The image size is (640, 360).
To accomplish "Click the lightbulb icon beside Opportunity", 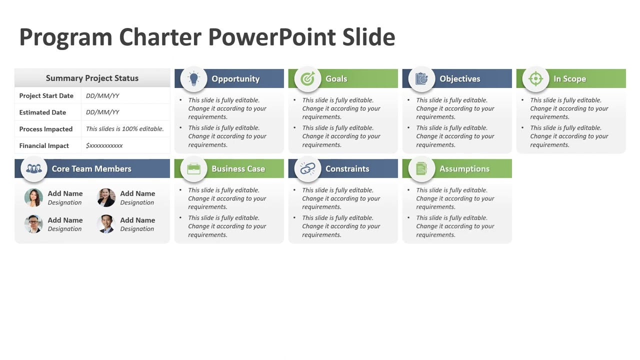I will point(193,78).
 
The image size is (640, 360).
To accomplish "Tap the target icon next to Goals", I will point(307,78).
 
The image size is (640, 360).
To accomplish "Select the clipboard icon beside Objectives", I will point(421,78).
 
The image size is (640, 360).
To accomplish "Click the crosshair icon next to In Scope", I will point(535,78).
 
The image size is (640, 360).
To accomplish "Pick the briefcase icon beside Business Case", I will point(193,169).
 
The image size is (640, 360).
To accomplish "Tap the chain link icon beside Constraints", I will point(307,169).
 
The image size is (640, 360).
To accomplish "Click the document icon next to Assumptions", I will point(421,169).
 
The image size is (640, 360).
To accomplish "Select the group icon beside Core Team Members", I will point(34,169).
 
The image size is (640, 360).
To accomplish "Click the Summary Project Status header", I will point(92,78).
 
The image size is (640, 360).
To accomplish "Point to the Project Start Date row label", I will point(46,95).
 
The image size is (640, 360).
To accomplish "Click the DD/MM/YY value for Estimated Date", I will point(102,112).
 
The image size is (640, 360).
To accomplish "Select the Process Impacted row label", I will point(46,129).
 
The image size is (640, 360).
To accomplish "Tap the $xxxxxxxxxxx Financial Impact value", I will point(104,145).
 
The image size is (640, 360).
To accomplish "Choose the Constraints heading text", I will point(347,169).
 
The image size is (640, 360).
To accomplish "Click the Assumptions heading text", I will point(464,169).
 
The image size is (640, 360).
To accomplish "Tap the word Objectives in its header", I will point(459,79).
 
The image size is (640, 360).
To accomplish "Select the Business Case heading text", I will point(238,169).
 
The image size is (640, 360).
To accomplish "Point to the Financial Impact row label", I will point(44,145).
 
